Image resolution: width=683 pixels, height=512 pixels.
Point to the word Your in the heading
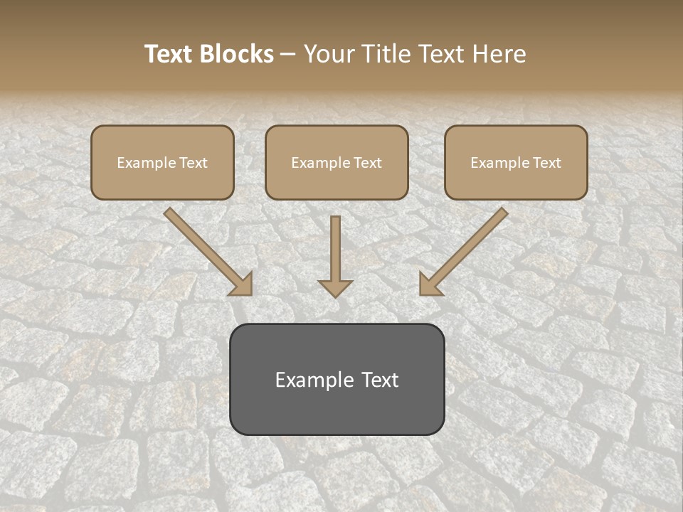point(329,54)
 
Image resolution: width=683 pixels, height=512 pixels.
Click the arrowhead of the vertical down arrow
point(335,288)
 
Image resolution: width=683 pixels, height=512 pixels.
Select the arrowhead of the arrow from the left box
point(242,284)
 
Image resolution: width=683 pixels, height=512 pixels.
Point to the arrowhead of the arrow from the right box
point(429,284)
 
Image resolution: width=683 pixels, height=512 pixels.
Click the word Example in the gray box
point(310,380)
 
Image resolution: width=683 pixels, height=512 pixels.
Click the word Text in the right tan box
point(547,163)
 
